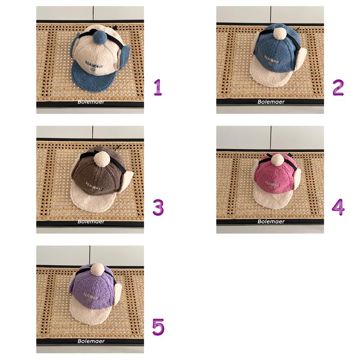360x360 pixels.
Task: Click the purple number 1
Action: [158, 87]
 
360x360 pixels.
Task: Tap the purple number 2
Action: [338, 87]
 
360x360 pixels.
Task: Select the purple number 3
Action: [158, 207]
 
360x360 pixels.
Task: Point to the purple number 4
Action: [338, 207]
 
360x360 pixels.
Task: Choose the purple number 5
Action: [158, 327]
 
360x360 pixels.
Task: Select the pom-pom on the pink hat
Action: [277, 160]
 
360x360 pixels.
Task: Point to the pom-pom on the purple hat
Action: [97, 271]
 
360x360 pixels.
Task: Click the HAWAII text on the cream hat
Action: [94, 64]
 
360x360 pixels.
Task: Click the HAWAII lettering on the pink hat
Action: [273, 184]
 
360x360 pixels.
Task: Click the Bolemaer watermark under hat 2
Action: [271, 102]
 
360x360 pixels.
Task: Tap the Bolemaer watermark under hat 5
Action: [91, 341]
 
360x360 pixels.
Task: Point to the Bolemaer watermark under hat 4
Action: [271, 221]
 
